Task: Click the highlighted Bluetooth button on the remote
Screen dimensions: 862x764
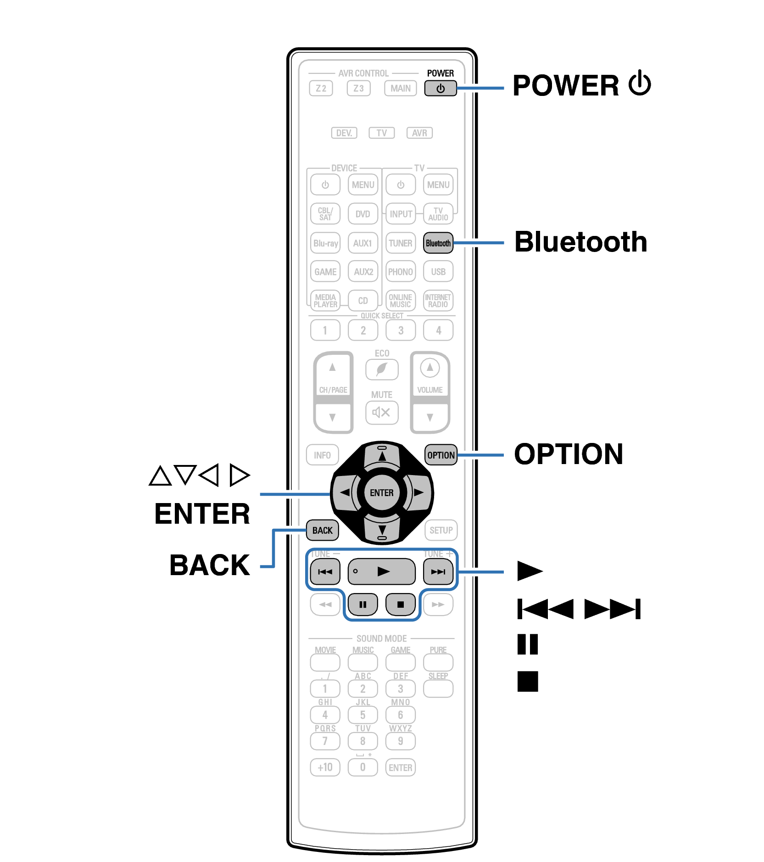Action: pos(438,243)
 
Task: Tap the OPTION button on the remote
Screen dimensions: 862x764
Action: pos(441,455)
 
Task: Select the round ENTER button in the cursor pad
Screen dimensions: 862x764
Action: pos(381,493)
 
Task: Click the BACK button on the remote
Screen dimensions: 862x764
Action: pos(322,530)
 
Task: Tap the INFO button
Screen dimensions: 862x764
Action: pos(322,455)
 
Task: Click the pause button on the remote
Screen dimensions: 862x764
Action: pos(362,604)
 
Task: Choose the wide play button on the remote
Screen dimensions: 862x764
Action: pos(381,571)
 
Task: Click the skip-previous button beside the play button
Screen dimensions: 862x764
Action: pos(325,571)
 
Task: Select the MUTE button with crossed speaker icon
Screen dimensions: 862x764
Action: pos(381,412)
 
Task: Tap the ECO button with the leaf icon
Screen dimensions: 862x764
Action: pos(381,369)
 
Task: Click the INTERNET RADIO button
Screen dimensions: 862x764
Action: pos(438,301)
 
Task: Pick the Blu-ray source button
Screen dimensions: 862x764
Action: pos(325,243)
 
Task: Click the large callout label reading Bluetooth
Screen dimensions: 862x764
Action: pos(580,242)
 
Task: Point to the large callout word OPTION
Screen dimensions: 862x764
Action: pos(568,454)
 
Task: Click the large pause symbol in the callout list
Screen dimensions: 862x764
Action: pos(527,644)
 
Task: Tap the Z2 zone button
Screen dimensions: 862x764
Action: pos(321,88)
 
